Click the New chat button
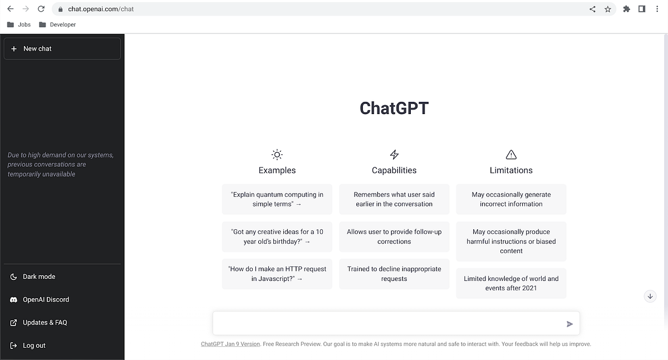click(62, 48)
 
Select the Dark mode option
click(38, 277)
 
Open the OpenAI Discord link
click(46, 299)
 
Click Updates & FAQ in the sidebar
click(45, 323)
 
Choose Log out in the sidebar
click(34, 346)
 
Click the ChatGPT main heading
click(394, 108)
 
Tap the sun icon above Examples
click(277, 155)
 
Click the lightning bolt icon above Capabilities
click(394, 155)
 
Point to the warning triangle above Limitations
click(511, 155)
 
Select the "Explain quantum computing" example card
click(277, 199)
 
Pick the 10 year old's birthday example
click(277, 236)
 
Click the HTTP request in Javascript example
click(277, 274)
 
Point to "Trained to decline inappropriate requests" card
click(394, 274)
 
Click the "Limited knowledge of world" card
click(511, 283)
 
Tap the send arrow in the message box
click(569, 324)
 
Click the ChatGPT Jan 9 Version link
click(230, 344)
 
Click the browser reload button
click(41, 9)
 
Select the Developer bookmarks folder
click(57, 24)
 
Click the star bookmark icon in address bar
click(608, 9)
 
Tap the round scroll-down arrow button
click(650, 296)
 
